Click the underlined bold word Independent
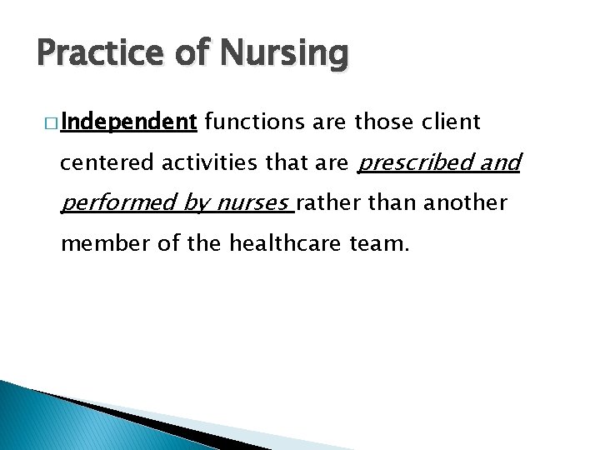click(x=128, y=123)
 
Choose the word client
click(x=450, y=123)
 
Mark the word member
click(x=98, y=245)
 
